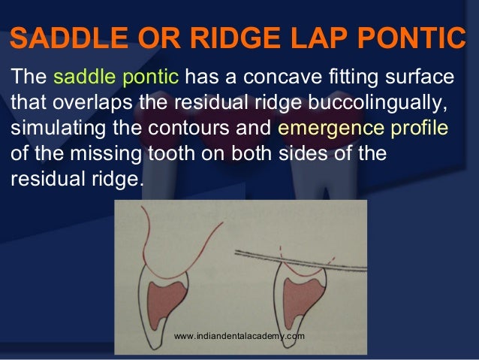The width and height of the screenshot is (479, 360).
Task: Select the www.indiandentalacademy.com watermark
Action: pos(239,336)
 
